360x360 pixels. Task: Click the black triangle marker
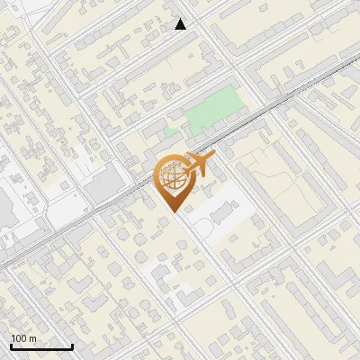point(180,24)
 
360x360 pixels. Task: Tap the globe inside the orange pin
point(173,177)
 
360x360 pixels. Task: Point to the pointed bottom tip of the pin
point(173,211)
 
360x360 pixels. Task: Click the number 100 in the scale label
point(20,339)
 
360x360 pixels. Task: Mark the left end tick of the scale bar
point(10,346)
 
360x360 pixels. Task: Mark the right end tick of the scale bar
point(72,346)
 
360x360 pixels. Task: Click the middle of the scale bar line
point(40,347)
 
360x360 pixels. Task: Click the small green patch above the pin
point(171,132)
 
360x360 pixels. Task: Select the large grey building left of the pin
point(105,186)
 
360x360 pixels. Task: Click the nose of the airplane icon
point(213,159)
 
